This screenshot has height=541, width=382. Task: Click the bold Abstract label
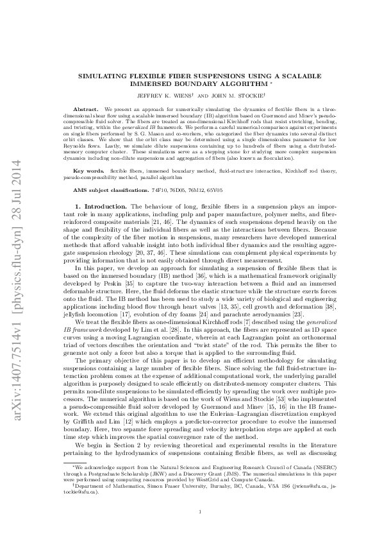(x=86, y=110)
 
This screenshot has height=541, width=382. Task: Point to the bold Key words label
(x=90, y=172)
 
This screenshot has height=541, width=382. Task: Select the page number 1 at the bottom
(x=201, y=511)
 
